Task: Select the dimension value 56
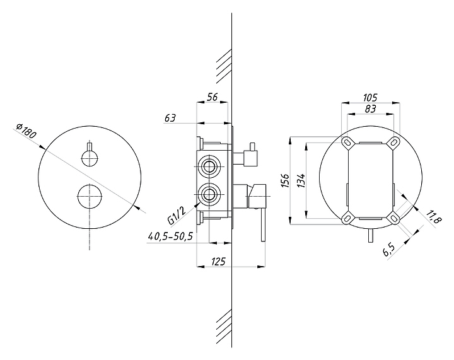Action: click(212, 97)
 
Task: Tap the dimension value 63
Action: click(170, 118)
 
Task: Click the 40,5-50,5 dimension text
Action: click(170, 236)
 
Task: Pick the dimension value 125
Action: click(218, 262)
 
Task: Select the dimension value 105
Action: click(370, 98)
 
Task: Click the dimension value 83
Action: click(370, 109)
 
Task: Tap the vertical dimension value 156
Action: click(286, 180)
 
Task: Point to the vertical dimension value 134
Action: click(301, 180)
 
